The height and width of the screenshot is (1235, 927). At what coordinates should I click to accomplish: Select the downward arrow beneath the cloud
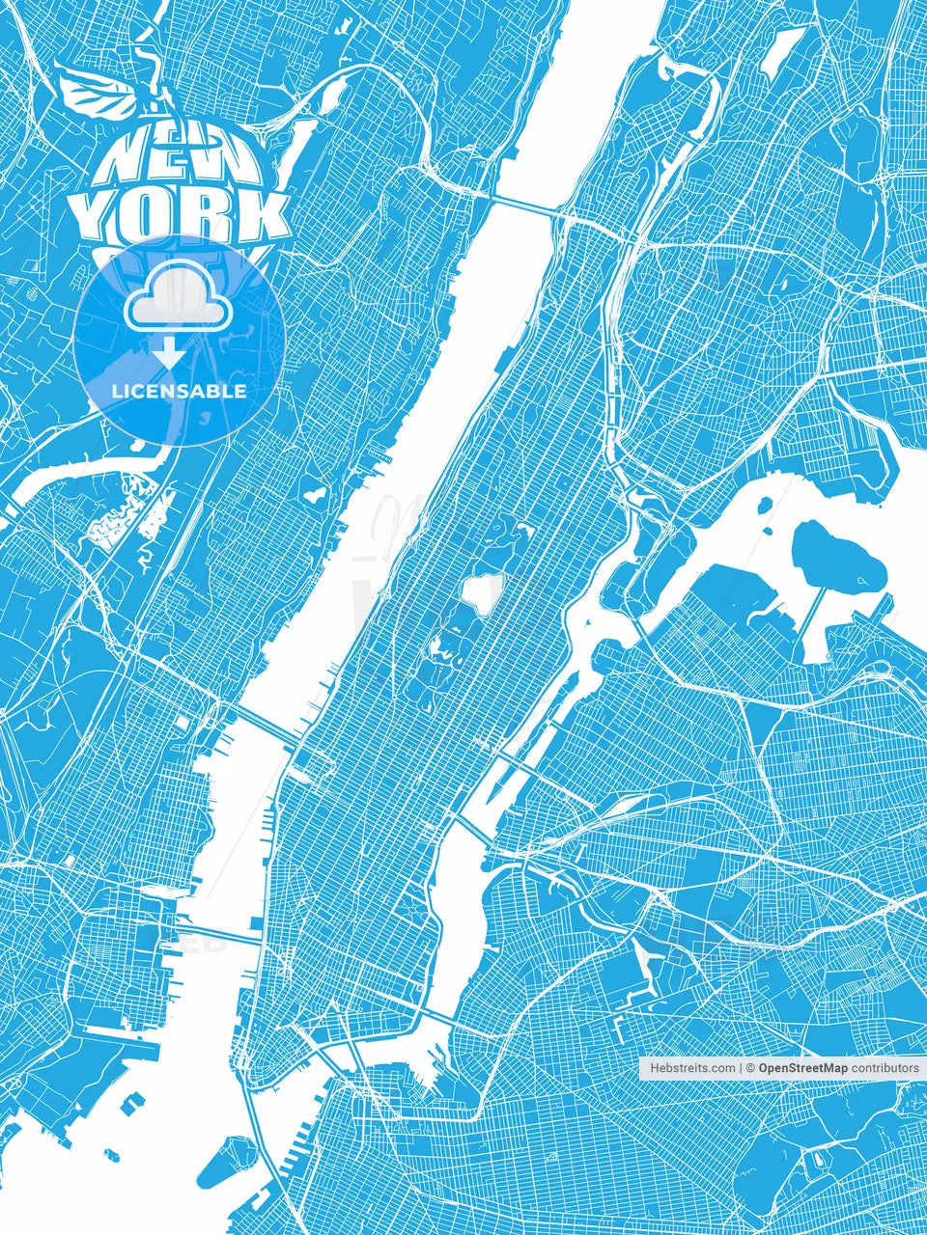point(170,353)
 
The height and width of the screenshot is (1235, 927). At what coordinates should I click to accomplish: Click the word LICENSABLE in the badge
point(180,392)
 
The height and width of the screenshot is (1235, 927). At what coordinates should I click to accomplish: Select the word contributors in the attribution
point(885,1069)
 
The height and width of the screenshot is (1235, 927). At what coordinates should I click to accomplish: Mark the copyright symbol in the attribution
point(748,1069)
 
